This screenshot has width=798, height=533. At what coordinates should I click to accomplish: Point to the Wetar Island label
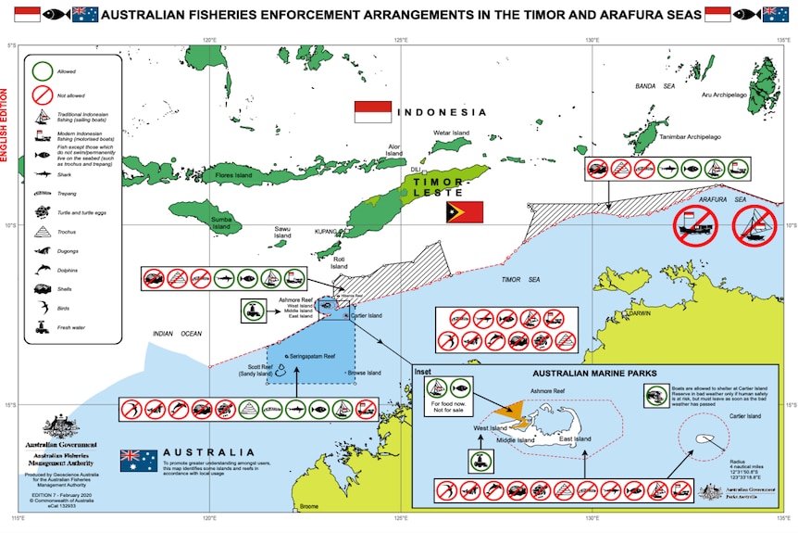click(x=453, y=133)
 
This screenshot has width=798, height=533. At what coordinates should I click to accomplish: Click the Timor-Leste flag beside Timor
click(x=465, y=211)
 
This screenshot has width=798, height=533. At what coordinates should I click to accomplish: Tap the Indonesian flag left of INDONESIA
click(x=373, y=112)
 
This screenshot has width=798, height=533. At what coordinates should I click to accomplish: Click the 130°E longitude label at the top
click(x=592, y=40)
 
